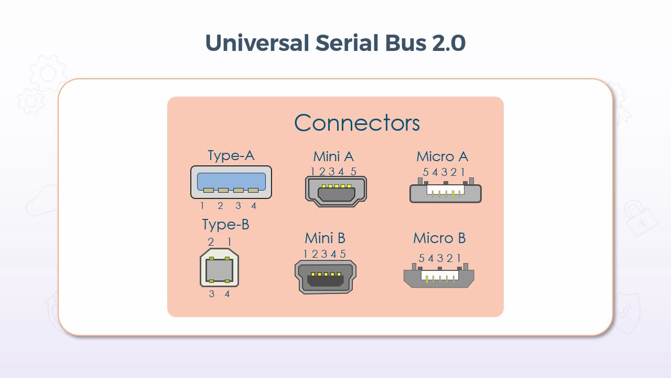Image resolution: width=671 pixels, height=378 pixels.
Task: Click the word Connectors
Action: click(x=357, y=123)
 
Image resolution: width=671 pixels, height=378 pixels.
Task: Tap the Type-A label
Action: click(x=231, y=156)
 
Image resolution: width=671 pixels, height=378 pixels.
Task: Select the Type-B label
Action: click(x=225, y=225)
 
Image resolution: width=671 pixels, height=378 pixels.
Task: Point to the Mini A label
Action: click(x=333, y=156)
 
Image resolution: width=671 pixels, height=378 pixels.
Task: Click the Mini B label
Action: click(x=325, y=238)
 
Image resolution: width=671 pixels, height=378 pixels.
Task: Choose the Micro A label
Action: click(x=442, y=156)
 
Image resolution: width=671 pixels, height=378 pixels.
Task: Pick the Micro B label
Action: click(x=439, y=238)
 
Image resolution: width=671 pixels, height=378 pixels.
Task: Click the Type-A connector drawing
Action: click(x=231, y=182)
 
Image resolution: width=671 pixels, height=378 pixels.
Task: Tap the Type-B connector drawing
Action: click(x=219, y=268)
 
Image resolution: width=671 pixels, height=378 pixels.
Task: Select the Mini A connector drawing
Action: click(x=335, y=191)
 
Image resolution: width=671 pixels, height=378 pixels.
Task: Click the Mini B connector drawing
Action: click(x=326, y=277)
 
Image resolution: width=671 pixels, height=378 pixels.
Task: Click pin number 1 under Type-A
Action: click(x=202, y=206)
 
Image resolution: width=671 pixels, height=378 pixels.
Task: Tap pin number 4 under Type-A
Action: click(x=254, y=206)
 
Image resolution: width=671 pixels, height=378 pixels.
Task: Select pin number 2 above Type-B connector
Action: click(x=211, y=242)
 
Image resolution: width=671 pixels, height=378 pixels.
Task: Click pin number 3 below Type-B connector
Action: click(x=212, y=294)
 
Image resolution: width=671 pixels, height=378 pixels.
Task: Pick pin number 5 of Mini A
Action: click(x=353, y=172)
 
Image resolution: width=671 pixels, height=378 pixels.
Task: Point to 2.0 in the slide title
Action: click(x=449, y=43)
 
